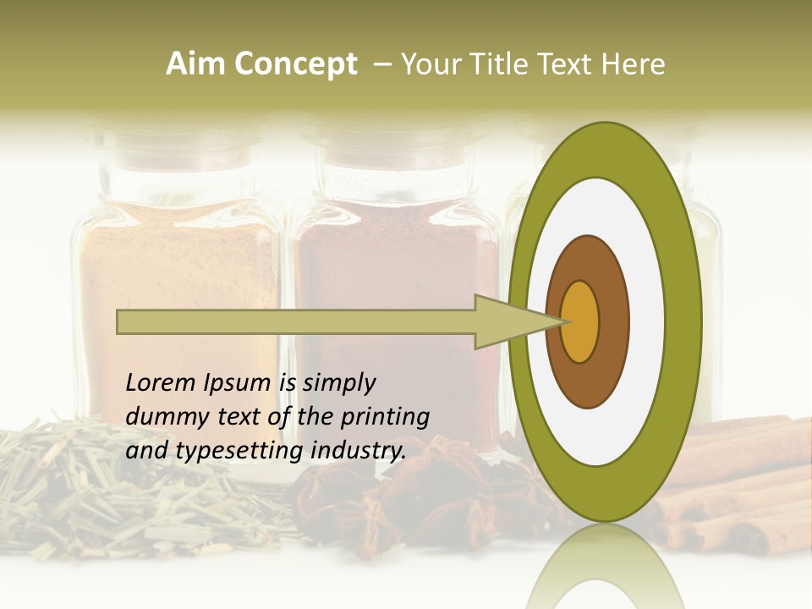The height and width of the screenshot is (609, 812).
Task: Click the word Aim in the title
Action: click(193, 64)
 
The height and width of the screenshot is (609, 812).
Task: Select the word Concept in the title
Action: click(295, 64)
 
